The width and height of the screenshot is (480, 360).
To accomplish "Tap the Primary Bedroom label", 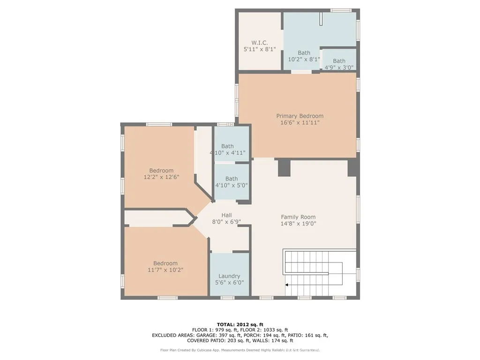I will coord(300,116).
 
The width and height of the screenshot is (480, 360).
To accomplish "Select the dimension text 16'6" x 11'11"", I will coord(300,123).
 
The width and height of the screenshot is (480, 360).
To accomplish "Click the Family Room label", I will coord(298,217).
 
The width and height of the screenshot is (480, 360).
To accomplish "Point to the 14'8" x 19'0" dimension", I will coord(298,224).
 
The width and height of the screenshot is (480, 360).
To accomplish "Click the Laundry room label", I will coord(229,276).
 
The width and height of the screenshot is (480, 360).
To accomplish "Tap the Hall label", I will coord(226,215).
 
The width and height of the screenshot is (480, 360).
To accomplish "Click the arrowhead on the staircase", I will coord(287,284).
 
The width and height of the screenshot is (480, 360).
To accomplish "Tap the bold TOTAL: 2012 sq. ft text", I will coord(240,324).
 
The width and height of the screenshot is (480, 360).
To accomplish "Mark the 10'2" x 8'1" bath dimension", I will coord(304,60).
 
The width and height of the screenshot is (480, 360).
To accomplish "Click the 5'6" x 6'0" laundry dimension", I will coord(229,283).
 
